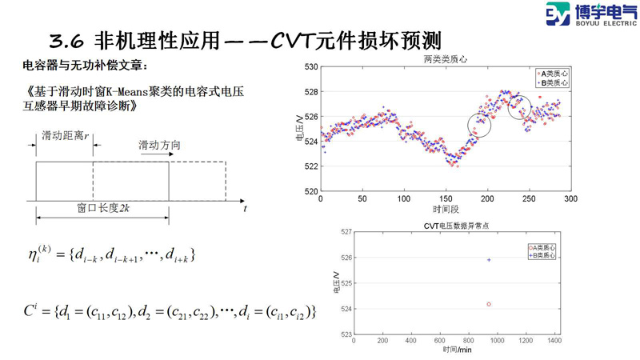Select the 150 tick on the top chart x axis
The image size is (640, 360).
pyautogui.click(x=445, y=198)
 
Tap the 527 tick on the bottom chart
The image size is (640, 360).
pyautogui.click(x=345, y=233)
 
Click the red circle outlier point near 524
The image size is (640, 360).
pyautogui.click(x=489, y=304)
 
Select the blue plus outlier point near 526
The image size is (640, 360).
pyautogui.click(x=489, y=260)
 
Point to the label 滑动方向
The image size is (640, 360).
pyautogui.click(x=160, y=145)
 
